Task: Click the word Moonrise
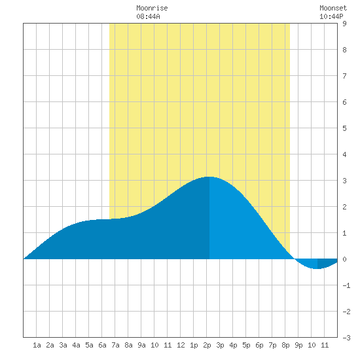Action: (152, 8)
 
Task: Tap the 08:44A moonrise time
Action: (148, 16)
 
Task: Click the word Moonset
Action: (333, 8)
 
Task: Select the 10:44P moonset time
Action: (331, 16)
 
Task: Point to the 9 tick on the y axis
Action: (344, 24)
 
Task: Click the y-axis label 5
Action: (344, 128)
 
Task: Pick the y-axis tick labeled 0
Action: (344, 259)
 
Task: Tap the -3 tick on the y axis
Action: (346, 338)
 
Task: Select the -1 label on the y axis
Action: (346, 285)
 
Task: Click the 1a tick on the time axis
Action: (37, 345)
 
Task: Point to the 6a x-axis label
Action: (102, 345)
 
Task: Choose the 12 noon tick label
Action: (181, 345)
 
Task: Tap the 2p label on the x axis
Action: (207, 345)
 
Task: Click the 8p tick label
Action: (285, 345)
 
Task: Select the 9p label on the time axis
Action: (298, 345)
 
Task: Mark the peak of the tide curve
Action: (209, 177)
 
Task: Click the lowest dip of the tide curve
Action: (317, 268)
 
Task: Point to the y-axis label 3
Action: (344, 181)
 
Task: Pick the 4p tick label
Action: (233, 345)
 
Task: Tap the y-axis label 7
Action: (344, 76)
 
